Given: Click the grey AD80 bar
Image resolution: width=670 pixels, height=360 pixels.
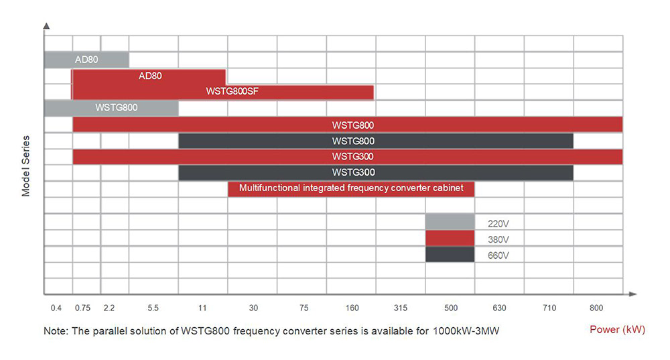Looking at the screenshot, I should click(87, 60).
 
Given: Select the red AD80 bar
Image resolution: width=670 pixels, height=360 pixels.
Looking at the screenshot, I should click(149, 76).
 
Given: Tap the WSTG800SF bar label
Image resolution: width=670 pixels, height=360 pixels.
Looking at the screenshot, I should click(232, 92).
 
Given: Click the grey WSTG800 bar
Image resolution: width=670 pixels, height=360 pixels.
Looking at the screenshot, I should click(112, 108).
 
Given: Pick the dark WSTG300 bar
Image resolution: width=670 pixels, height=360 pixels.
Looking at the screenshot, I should click(376, 173).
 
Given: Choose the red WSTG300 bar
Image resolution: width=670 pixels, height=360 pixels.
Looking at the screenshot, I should click(347, 157).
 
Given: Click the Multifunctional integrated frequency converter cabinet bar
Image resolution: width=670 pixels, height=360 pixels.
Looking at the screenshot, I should click(351, 189).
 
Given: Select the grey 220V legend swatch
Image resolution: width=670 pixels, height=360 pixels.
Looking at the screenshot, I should click(450, 222).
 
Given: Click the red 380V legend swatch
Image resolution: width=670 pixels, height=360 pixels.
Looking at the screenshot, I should click(450, 239).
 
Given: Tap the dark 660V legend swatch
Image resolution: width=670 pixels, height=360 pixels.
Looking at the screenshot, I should click(450, 255).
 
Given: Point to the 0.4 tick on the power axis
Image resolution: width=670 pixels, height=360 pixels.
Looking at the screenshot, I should click(56, 308).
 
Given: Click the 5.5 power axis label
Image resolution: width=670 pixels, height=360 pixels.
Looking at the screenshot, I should click(153, 308).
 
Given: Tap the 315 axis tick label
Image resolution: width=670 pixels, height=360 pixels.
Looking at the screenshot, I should click(400, 308).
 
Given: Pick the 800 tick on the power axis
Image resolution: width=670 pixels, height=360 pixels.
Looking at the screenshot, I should click(596, 308).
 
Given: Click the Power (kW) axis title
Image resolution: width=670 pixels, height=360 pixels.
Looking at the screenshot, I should click(617, 330).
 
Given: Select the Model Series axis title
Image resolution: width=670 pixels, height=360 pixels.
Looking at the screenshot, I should click(26, 166).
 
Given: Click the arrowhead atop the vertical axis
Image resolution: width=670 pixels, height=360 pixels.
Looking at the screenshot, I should click(46, 25).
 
